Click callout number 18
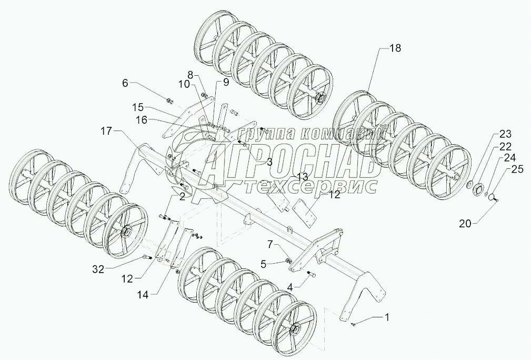[395, 48]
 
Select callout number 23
[505, 134]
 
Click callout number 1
[388, 317]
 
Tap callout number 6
[125, 83]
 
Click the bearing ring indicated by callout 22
[479, 189]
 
